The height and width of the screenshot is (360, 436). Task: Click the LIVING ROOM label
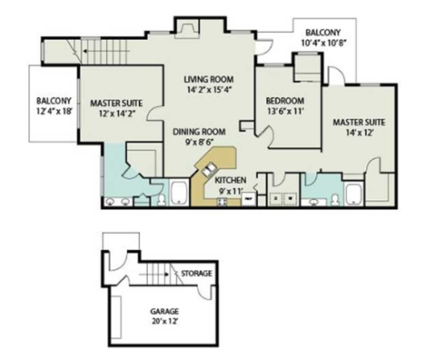207,79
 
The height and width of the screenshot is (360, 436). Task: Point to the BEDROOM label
283,100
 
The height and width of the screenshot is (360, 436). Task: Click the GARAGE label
163,311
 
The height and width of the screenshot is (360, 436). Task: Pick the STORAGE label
196,273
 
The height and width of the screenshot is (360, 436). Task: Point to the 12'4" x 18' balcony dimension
54,114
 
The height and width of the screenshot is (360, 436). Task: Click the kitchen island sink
210,169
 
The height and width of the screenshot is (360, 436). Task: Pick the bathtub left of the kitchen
179,193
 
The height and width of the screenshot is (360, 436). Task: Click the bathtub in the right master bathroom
352,194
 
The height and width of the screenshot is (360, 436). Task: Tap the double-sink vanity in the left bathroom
119,200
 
